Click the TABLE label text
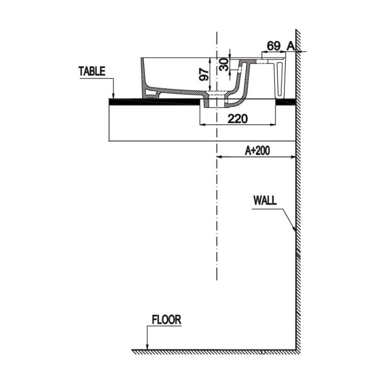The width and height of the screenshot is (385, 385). pos(92,72)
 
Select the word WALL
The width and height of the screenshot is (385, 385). pos(265,201)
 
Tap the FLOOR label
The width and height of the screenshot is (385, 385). pos(166,320)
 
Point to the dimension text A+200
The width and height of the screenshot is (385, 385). pos(257,151)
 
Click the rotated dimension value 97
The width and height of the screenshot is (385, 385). pos(204,74)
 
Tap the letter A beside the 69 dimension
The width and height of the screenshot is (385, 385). pos(290,46)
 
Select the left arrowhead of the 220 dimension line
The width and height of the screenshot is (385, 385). pos(202,125)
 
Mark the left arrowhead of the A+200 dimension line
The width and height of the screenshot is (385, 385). pos(220,157)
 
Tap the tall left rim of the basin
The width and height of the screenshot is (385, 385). pos(143,77)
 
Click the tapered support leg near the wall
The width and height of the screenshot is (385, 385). pos(281,77)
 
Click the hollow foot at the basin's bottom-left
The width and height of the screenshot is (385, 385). pos(152,92)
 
